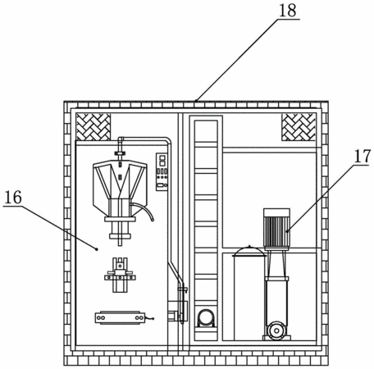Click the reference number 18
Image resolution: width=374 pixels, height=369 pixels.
[x=288, y=11]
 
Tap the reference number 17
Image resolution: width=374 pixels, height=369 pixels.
[x=363, y=156]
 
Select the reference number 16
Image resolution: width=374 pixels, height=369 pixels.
[x=13, y=198]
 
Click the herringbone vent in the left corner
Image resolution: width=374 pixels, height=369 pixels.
[x=93, y=127]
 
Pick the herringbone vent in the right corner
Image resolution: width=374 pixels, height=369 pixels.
[x=299, y=127]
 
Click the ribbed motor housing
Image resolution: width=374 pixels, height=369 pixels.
[x=276, y=231]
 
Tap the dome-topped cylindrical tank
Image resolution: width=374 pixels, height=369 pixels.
[x=249, y=293]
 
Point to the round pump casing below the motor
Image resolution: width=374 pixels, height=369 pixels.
[x=276, y=331]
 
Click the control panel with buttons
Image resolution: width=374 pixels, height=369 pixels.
[x=162, y=171]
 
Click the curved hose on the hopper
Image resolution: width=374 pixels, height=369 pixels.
[x=144, y=210]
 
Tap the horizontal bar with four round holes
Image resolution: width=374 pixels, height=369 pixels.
[x=120, y=318]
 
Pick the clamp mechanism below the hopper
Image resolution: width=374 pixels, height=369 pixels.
[x=120, y=275]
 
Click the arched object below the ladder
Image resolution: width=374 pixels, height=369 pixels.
[x=206, y=318]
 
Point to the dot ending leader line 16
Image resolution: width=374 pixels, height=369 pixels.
[x=96, y=248]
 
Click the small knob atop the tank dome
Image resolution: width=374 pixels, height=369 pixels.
[x=249, y=246]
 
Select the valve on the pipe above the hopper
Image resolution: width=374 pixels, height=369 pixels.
[x=120, y=153]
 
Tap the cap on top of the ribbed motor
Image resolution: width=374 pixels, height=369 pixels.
[x=276, y=212]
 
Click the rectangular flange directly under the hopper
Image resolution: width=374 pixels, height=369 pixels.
[x=120, y=219]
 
